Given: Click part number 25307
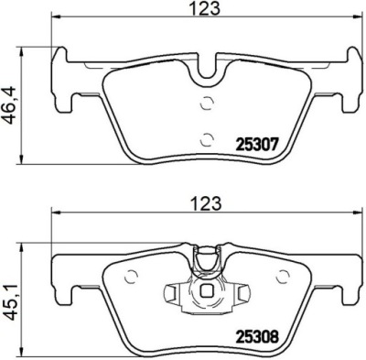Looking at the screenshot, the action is [x=256, y=144].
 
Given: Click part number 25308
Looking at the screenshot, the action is [x=257, y=337].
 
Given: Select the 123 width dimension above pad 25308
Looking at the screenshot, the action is [x=206, y=203].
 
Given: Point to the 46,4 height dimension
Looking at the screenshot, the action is [x=10, y=104].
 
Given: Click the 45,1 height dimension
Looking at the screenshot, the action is [x=10, y=301].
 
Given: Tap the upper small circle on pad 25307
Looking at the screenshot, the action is [x=206, y=103].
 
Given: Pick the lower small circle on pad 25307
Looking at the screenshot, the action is [x=206, y=140].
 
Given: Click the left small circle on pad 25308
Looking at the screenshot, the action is [x=132, y=277].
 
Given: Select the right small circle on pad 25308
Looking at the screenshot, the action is [x=282, y=277].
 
